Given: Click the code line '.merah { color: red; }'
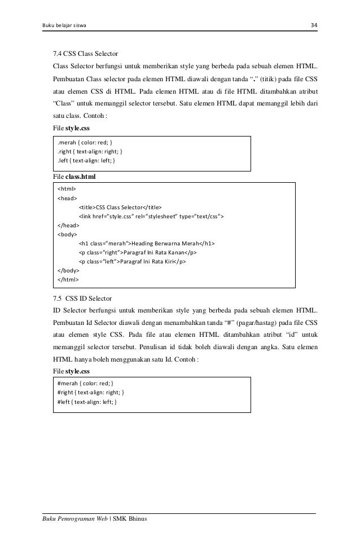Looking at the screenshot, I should [x=87, y=142].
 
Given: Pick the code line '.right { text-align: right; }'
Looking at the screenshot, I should [x=90, y=151].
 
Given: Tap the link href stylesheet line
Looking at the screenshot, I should [x=153, y=216].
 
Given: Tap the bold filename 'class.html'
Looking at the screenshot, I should [x=81, y=177].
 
